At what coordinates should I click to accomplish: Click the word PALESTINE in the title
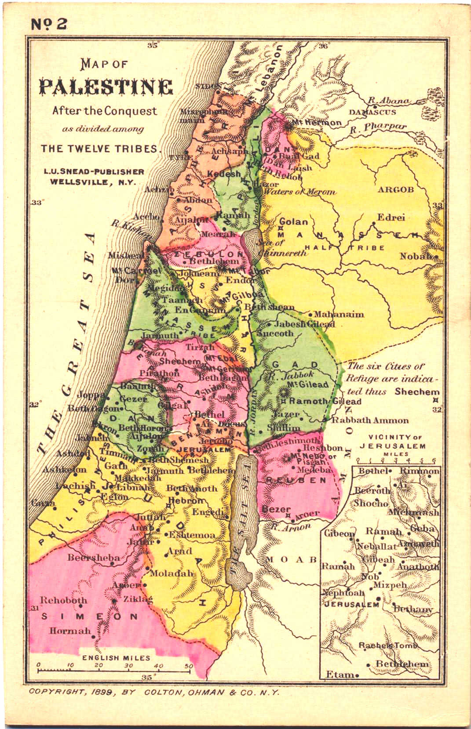[106, 87]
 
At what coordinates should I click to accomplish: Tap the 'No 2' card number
[49, 24]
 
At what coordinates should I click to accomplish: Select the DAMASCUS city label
[372, 112]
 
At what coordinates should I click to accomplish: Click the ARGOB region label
[395, 189]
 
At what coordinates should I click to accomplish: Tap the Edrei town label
[391, 218]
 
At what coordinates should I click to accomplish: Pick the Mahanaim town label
[339, 314]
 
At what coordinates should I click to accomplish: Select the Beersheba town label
[93, 558]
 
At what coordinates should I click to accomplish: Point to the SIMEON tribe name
[90, 617]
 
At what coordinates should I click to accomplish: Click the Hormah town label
[69, 631]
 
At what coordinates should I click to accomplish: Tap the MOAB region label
[291, 559]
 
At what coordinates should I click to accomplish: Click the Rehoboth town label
[64, 600]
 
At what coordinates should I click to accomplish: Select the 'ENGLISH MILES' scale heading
[116, 658]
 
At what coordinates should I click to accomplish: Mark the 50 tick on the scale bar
[189, 666]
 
